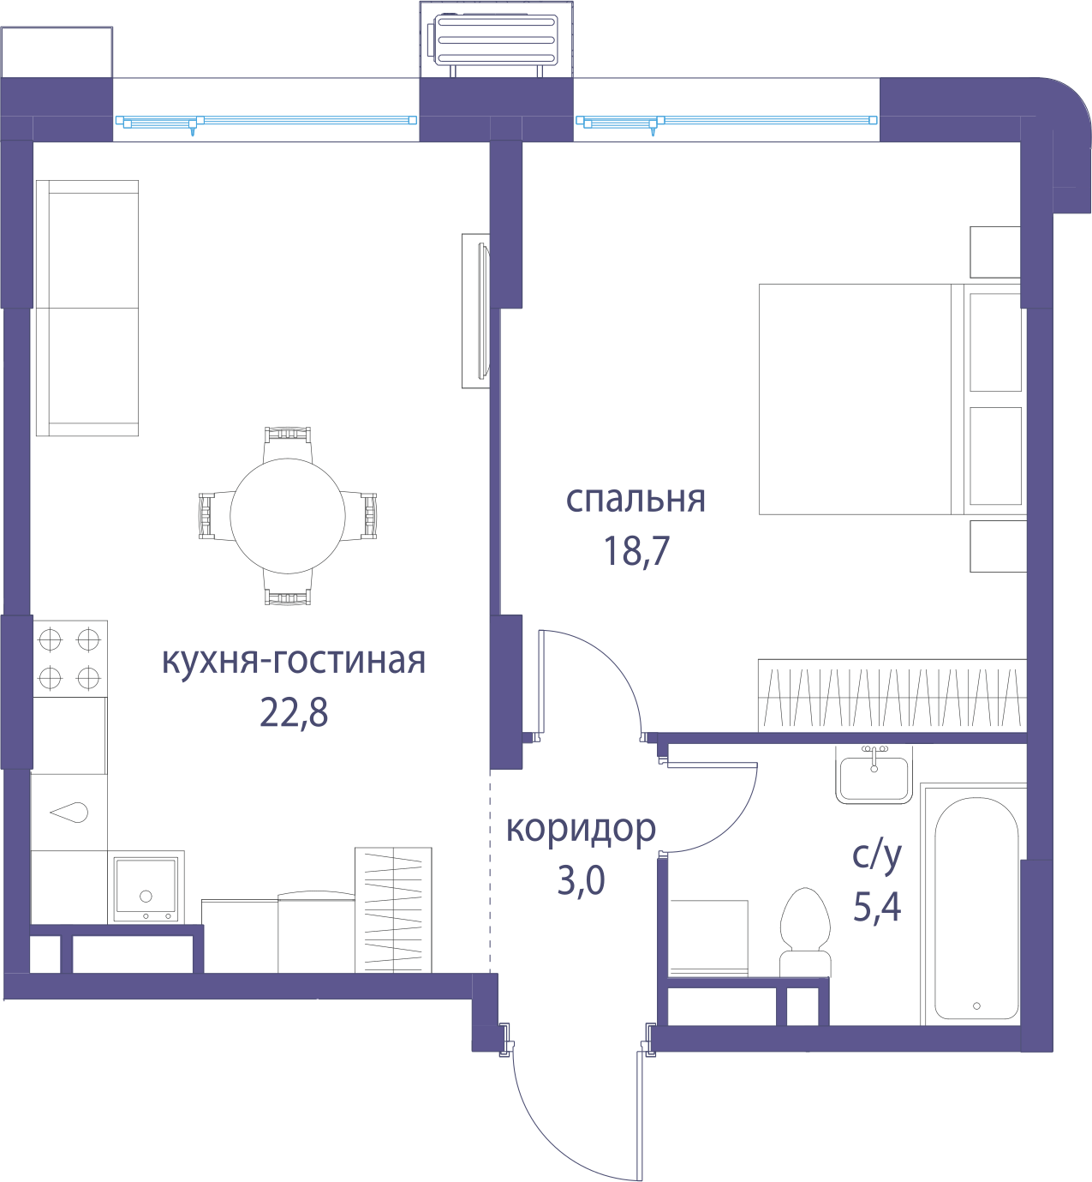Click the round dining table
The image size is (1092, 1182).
click(x=287, y=515)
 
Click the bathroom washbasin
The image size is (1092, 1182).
click(x=874, y=774)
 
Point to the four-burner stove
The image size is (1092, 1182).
click(x=69, y=659)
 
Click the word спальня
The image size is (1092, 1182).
click(x=636, y=500)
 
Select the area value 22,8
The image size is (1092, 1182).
click(x=294, y=712)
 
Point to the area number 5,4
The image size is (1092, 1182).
click(x=877, y=907)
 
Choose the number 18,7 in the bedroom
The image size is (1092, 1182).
click(x=636, y=551)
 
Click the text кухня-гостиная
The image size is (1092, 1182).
click(x=294, y=661)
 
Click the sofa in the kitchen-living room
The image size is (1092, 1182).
click(x=87, y=308)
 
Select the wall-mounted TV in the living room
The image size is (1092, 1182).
click(x=476, y=310)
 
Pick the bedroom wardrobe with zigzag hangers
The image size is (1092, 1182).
click(x=892, y=695)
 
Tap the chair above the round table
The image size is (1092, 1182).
click(x=288, y=443)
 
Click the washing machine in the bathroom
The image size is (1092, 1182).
click(x=707, y=938)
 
